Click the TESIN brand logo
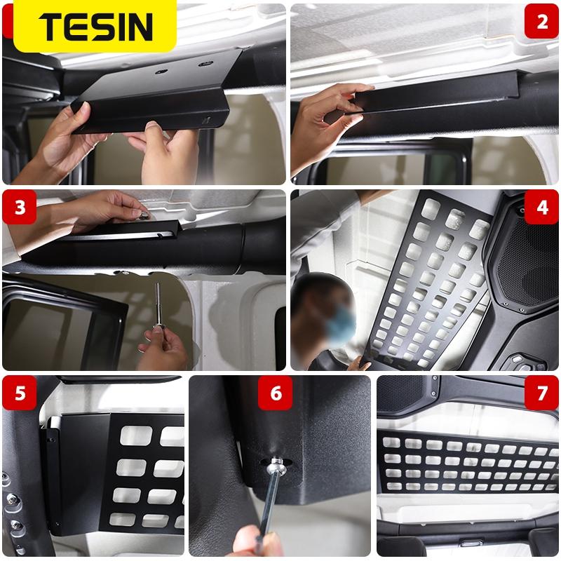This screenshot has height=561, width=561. click(x=95, y=27)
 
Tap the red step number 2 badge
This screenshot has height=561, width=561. click(x=541, y=22)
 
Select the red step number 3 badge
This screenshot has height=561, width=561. click(x=20, y=207)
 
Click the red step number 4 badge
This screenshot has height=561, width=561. click(x=541, y=207)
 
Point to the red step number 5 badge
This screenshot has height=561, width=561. click(x=20, y=393)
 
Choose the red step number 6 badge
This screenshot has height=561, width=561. click(x=276, y=393)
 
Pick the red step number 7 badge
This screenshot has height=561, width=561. click(x=541, y=393)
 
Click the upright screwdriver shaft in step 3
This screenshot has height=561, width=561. click(x=158, y=304)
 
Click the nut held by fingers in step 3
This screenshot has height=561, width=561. click(x=144, y=215)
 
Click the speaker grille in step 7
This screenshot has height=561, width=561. click(x=403, y=393)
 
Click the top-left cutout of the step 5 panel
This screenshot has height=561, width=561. click(x=136, y=435)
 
